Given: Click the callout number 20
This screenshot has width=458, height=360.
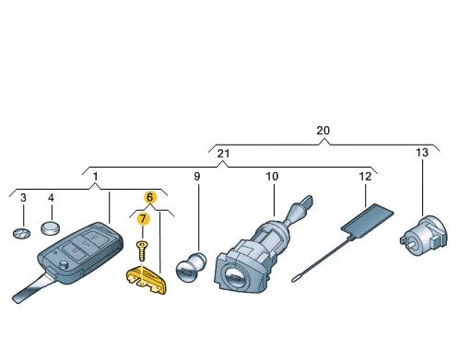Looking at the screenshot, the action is [x=323, y=131].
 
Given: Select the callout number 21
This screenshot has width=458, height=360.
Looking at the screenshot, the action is [x=223, y=153].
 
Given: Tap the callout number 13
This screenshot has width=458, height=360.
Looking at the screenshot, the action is [x=422, y=152].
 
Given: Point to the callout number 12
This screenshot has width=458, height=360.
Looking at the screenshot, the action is [x=365, y=177].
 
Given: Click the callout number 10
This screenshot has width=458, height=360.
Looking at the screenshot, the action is [x=272, y=177].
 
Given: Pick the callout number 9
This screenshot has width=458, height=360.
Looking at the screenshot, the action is [x=197, y=177].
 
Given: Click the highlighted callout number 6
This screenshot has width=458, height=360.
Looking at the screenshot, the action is [x=150, y=197].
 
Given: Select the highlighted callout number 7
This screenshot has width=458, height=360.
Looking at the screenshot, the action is [x=143, y=219].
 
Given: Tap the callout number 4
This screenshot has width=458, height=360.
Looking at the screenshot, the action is [x=51, y=198].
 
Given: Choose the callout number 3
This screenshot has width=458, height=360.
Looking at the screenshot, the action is [x=23, y=198].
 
